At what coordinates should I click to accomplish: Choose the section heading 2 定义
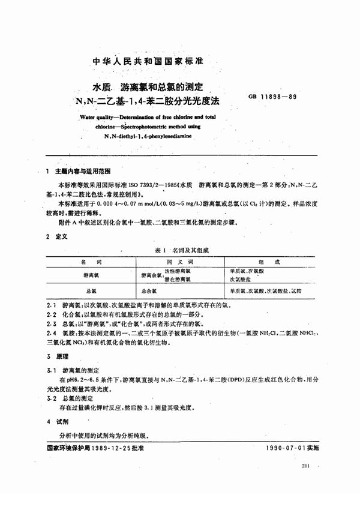pos(58,237)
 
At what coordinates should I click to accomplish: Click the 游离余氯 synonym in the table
pos(152,275)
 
